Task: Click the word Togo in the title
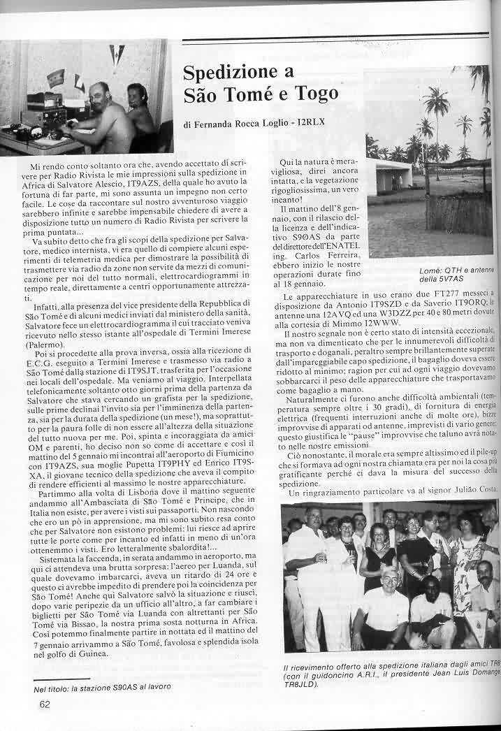click(314, 93)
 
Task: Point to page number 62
click(45, 704)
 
